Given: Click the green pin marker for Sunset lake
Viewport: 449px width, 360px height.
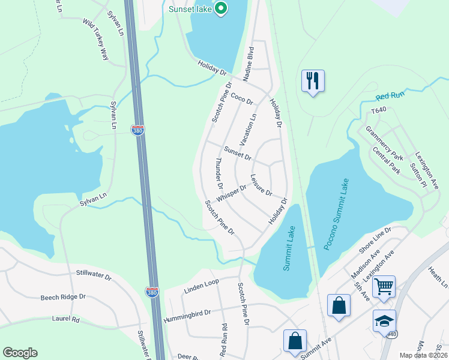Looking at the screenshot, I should (221, 8).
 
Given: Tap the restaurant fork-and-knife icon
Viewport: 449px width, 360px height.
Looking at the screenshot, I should (313, 80).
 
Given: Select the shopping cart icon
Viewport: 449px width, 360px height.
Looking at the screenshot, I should (384, 286).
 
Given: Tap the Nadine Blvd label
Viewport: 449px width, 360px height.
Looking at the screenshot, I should (249, 62).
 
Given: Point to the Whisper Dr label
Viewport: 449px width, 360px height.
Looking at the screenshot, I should (232, 193).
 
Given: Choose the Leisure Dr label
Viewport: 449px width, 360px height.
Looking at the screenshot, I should (262, 186).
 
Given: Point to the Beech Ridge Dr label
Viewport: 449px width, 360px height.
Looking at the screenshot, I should (63, 297).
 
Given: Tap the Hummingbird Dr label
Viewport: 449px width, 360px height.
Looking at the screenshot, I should (187, 313).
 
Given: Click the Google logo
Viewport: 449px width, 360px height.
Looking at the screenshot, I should (20, 353).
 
